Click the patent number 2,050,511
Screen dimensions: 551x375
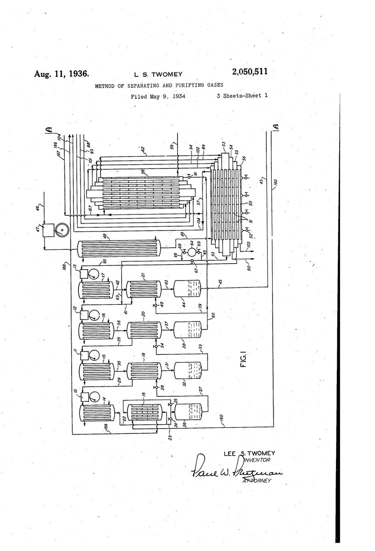tap(245, 72)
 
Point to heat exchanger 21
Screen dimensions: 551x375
tap(143, 289)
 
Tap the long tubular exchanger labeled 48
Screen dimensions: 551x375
tap(118, 248)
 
